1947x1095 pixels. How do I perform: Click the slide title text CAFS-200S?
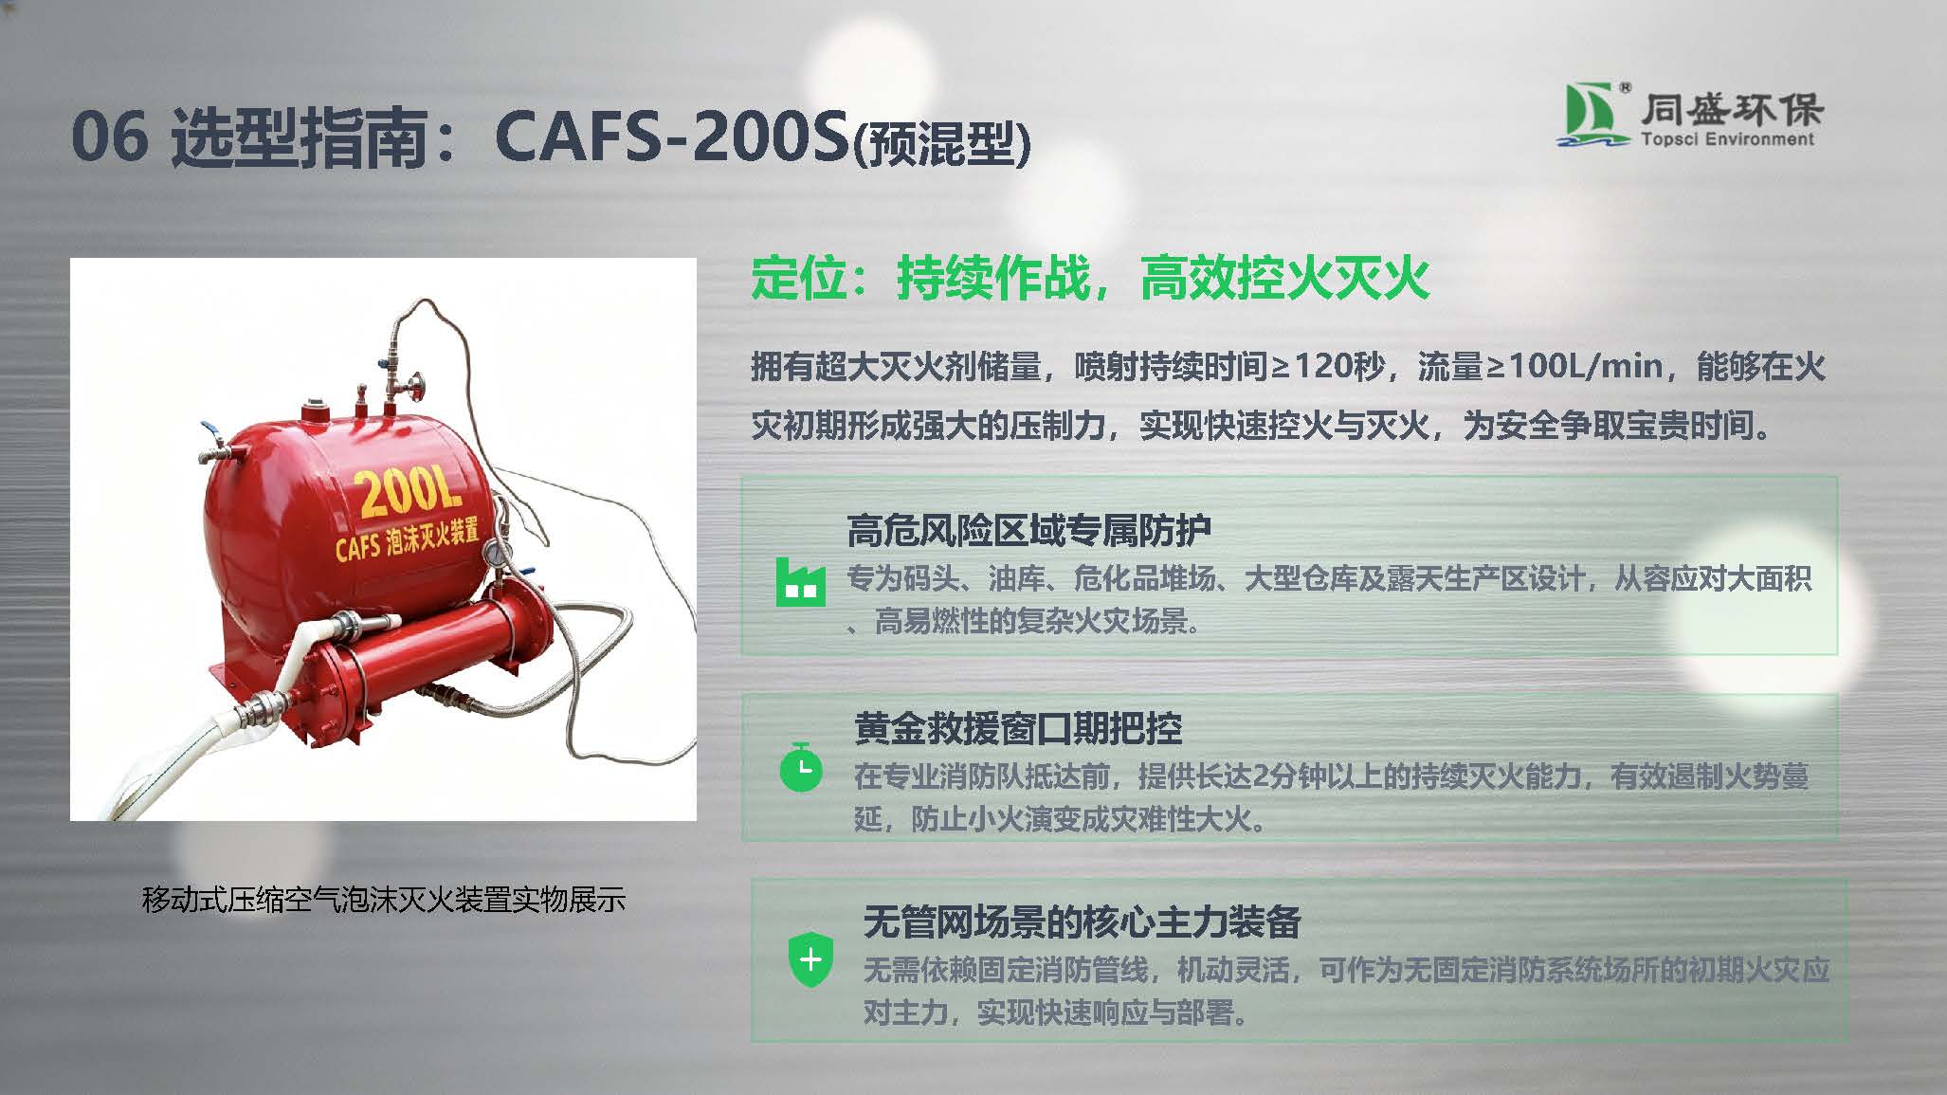point(671,136)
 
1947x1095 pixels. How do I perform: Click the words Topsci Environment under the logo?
point(1727,139)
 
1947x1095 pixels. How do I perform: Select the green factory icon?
point(800,581)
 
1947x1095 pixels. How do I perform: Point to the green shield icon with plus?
point(811,958)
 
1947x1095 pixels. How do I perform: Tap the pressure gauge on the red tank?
point(496,553)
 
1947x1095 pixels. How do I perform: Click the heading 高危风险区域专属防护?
point(1028,531)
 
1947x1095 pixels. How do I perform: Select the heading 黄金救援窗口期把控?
point(1018,728)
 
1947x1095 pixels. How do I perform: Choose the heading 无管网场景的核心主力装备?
point(1082,921)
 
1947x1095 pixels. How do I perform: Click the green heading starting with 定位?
point(1090,278)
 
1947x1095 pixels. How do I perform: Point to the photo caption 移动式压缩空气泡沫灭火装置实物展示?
point(383,899)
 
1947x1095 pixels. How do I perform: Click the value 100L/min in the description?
point(1585,366)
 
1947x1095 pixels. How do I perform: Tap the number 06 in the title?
point(110,136)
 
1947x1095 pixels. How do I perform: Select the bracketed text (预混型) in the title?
point(942,145)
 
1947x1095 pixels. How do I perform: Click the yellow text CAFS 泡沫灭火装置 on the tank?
point(407,537)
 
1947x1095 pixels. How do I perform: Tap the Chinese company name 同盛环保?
point(1732,109)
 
